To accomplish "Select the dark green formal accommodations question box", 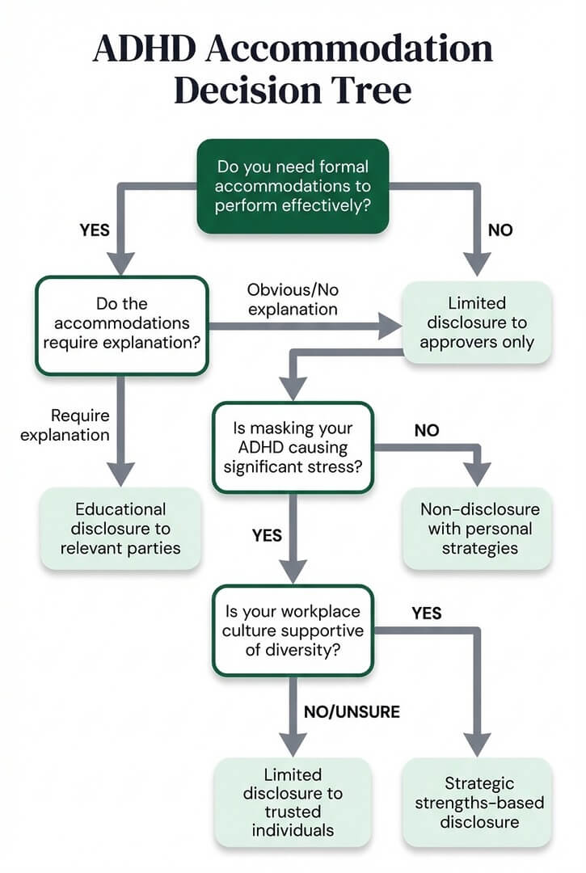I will click(293, 187).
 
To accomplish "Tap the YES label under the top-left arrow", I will click(95, 230).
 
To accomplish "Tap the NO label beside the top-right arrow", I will click(500, 230).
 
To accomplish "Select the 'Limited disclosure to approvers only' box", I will click(477, 322).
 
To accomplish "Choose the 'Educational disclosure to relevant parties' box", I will click(120, 529).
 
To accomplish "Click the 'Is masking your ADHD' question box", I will click(293, 448).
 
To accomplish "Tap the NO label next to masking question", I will click(426, 431).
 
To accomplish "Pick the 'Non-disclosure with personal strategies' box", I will click(477, 529).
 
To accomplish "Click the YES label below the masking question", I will click(267, 535).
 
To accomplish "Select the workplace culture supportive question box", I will click(293, 630).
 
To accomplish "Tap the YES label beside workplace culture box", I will click(427, 614).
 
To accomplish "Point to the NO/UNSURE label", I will click(352, 712).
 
